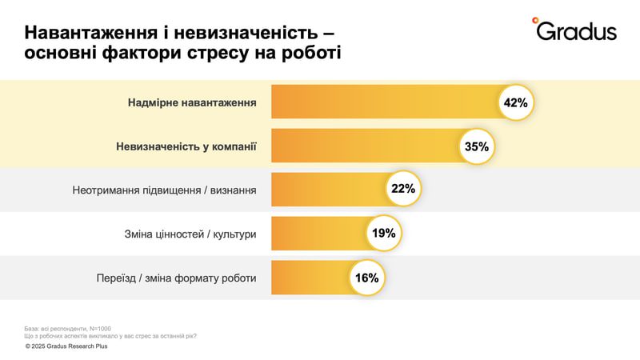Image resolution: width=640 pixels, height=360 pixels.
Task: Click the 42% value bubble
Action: coord(516,102)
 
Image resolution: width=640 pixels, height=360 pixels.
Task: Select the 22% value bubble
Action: coord(402,190)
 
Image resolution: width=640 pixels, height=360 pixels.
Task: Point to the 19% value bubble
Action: coord(383,234)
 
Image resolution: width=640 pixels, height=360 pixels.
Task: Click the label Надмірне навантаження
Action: coord(192,103)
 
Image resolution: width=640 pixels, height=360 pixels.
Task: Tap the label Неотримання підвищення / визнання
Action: coord(165,190)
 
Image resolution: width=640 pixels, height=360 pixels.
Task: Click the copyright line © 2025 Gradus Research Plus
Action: coord(66,346)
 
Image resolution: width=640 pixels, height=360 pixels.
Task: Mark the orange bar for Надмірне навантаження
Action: coord(384,102)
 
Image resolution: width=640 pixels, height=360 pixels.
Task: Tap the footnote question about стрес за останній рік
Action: coord(111,336)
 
